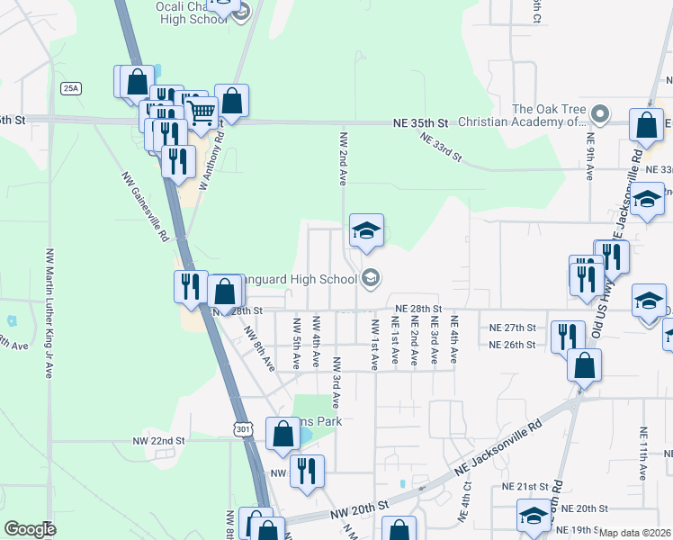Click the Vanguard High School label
(x=297, y=278)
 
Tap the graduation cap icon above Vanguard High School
(x=365, y=232)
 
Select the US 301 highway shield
(x=243, y=430)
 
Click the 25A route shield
(x=71, y=87)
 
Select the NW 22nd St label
(x=158, y=441)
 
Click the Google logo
(x=30, y=529)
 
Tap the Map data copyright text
(x=635, y=533)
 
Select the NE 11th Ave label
(x=642, y=454)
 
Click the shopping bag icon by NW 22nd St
(x=283, y=435)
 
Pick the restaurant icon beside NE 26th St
(x=566, y=338)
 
